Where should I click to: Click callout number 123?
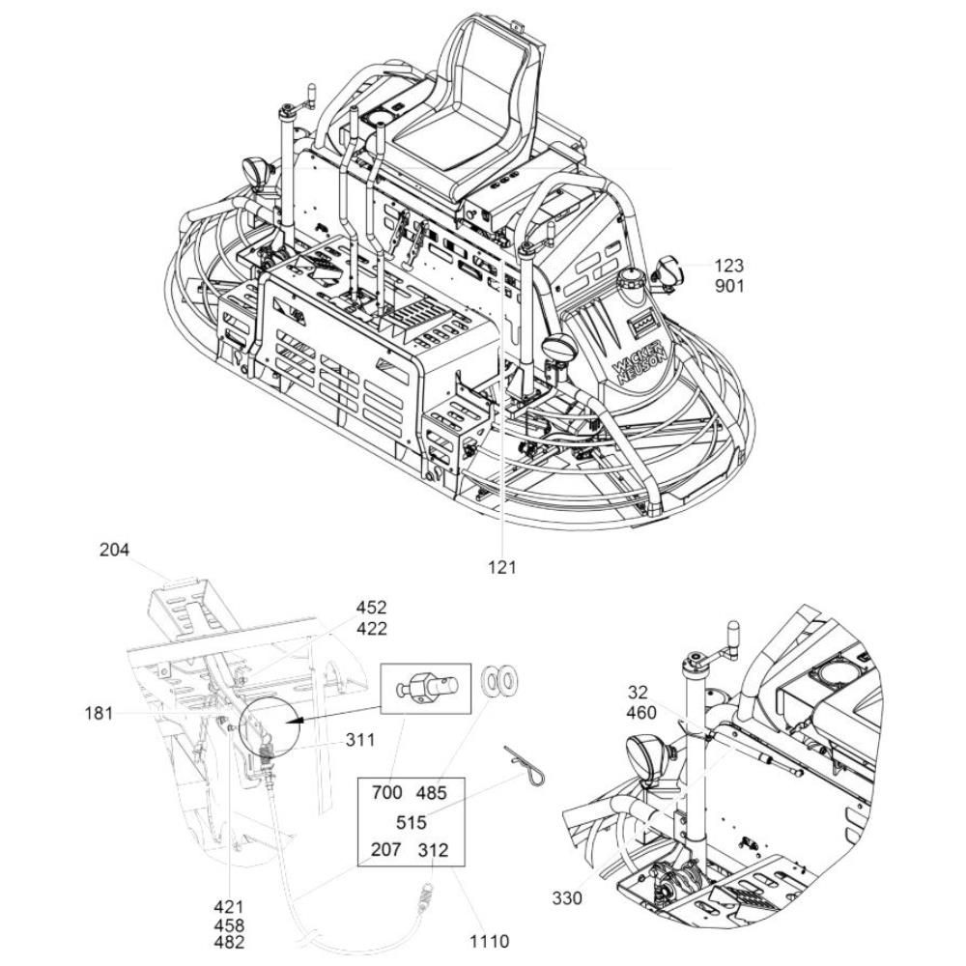[x=729, y=267]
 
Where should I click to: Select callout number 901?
[x=729, y=287]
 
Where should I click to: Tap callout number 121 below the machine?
[x=502, y=567]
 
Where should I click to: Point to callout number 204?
[x=115, y=550]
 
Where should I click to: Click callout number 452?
[x=372, y=608]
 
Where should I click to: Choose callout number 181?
[x=99, y=714]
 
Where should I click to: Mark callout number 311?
[x=359, y=739]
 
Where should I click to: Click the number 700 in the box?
[x=387, y=792]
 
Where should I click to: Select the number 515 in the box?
[x=411, y=822]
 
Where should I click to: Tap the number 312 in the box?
[x=433, y=850]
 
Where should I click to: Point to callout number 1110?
[x=490, y=942]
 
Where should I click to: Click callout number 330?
[x=567, y=898]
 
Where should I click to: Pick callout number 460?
[x=641, y=713]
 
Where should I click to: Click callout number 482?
[x=229, y=942]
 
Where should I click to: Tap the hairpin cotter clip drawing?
[x=525, y=766]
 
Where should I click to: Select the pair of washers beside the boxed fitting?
[x=499, y=681]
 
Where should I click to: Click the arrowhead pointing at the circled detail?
[x=298, y=719]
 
